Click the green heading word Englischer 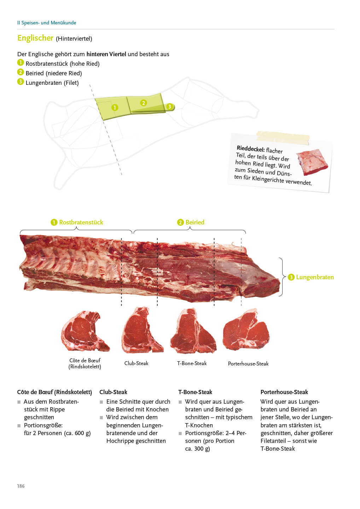(x=35, y=38)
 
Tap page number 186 (x=21, y=486)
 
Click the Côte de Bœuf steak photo (x=85, y=331)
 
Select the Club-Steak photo (x=142, y=330)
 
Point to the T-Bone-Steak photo (x=193, y=331)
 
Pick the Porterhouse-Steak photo (x=246, y=329)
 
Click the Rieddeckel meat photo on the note (x=312, y=162)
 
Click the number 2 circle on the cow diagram (x=144, y=103)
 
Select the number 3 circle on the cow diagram (x=169, y=106)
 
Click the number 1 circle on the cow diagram (x=115, y=107)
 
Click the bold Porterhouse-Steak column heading (x=284, y=392)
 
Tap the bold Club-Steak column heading (x=113, y=392)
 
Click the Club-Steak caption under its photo (x=136, y=363)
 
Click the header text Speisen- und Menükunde (x=49, y=23)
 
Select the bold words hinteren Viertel (x=106, y=54)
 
